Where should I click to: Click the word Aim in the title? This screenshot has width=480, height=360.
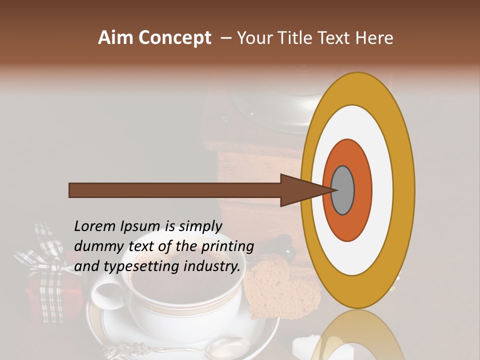point(116,38)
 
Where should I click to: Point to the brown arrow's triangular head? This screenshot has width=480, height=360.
point(300,190)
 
